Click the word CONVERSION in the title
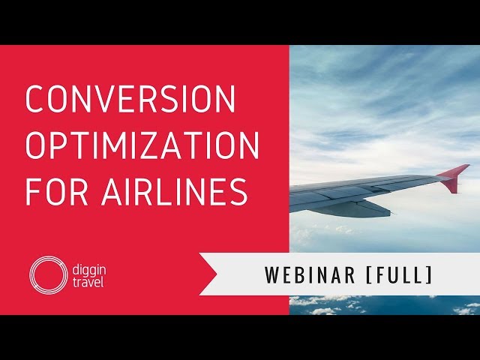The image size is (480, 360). click(x=130, y=100)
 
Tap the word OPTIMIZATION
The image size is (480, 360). click(x=142, y=145)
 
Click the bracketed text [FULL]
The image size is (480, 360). click(x=398, y=275)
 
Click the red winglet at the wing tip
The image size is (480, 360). click(x=454, y=178)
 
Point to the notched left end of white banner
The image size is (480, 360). click(x=208, y=274)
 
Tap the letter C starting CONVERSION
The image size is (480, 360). click(x=36, y=100)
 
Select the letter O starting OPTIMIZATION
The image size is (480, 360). click(x=37, y=145)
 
